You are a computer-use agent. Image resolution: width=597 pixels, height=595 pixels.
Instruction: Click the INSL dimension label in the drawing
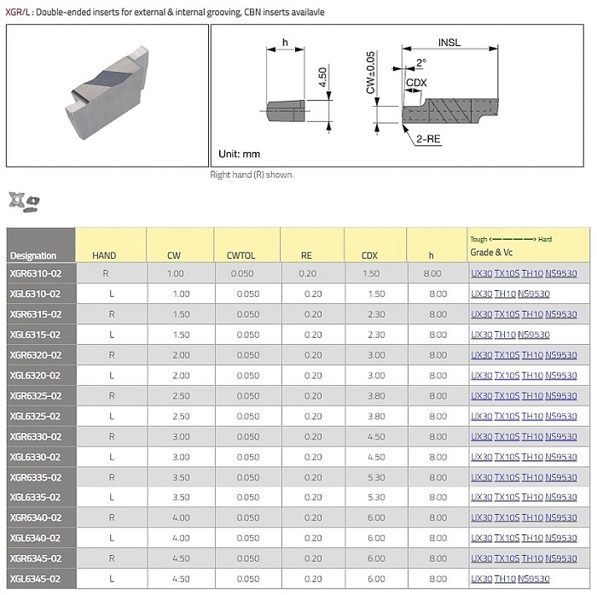(x=451, y=42)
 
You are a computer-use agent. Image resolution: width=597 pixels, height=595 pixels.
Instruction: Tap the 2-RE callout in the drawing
(x=428, y=137)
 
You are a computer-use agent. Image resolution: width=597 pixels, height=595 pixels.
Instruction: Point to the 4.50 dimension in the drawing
(x=322, y=79)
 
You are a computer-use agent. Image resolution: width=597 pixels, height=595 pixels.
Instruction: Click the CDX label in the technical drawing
(x=417, y=82)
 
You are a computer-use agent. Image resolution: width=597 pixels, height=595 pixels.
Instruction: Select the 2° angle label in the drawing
(x=421, y=62)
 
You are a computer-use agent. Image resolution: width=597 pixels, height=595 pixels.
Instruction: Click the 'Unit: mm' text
(x=240, y=155)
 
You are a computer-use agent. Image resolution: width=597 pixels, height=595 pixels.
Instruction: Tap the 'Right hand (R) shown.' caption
(x=252, y=174)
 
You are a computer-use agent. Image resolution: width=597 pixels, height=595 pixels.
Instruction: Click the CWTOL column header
(x=247, y=255)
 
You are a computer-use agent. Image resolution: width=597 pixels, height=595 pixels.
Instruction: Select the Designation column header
(x=33, y=255)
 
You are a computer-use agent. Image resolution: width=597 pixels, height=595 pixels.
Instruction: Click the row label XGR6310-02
(x=36, y=273)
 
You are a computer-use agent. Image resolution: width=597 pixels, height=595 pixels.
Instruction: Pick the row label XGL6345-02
(x=36, y=578)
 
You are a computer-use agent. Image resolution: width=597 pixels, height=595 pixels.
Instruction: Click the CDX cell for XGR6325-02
(x=369, y=395)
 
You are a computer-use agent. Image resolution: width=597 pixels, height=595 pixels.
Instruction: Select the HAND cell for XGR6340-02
(x=112, y=517)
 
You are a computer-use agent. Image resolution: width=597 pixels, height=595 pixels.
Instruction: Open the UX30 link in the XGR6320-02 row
(x=481, y=355)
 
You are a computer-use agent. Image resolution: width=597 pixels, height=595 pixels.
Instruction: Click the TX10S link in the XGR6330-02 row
(x=507, y=436)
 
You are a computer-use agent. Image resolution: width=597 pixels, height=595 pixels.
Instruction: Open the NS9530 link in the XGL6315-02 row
(x=534, y=335)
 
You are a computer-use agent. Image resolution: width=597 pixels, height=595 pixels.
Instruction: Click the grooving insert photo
(x=107, y=94)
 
